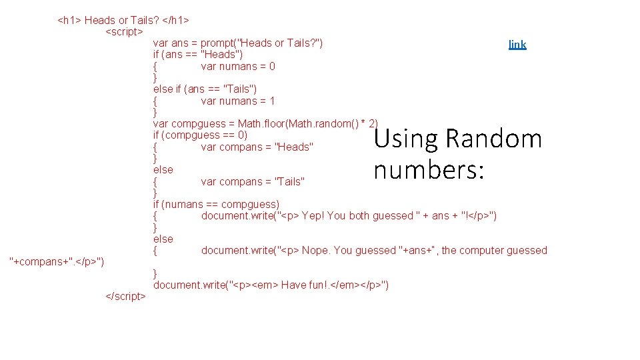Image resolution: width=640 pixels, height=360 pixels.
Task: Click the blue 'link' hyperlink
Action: point(517,45)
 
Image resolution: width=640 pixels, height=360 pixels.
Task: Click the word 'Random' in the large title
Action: point(493,139)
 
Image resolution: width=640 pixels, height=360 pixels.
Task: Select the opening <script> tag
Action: point(125,31)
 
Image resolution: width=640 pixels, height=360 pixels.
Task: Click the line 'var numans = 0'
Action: point(237,67)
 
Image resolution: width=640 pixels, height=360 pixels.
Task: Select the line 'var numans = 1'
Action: point(237,101)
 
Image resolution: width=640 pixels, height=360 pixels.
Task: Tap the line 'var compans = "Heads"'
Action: point(257,147)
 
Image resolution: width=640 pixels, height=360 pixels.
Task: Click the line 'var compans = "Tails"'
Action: point(253,182)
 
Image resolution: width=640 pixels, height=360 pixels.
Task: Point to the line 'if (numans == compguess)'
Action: point(216,205)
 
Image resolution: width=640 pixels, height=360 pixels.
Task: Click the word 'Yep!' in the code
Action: point(313,216)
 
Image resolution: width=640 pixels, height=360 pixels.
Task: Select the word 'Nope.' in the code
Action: point(316,251)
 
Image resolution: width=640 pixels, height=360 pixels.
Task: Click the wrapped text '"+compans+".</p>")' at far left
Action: point(57,261)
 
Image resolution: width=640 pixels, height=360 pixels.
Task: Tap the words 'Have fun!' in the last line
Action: point(303,285)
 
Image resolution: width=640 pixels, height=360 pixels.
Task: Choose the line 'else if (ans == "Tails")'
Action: point(205,89)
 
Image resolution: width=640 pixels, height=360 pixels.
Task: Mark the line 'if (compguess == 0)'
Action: point(200,135)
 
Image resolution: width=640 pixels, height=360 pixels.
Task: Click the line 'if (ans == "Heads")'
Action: point(198,55)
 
